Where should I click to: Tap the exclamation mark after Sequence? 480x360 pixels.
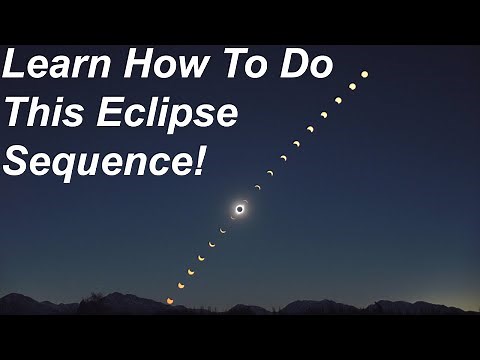coord(198,159)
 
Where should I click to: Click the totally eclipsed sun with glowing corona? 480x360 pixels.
coord(240,208)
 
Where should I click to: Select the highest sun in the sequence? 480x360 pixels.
coord(364,74)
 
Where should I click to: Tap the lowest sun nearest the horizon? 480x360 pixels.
coord(169,300)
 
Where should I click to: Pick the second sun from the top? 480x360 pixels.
coord(351,87)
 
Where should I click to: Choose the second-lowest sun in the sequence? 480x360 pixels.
coord(180,285)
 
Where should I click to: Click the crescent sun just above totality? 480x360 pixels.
coord(257,187)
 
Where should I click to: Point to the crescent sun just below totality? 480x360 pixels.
coord(223,230)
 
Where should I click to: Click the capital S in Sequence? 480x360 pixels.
coord(18,159)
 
